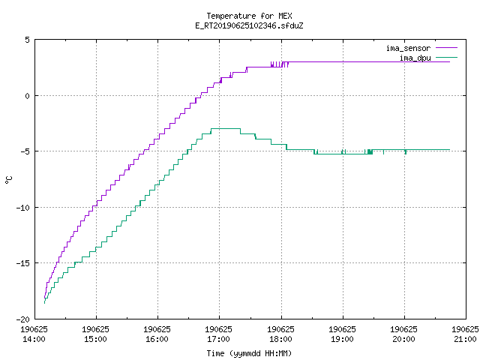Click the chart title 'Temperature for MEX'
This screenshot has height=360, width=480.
click(249, 16)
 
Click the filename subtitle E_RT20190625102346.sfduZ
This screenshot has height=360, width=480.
click(249, 25)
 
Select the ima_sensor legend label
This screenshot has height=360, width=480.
click(408, 48)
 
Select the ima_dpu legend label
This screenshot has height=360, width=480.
click(415, 58)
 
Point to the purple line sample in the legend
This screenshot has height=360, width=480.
click(447, 48)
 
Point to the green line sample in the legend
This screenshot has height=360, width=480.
click(447, 57)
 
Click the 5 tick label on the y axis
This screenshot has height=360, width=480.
click(27, 40)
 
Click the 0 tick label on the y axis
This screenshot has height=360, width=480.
click(27, 96)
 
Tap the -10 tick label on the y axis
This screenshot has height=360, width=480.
click(23, 208)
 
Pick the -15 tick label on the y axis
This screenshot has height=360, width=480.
click(23, 263)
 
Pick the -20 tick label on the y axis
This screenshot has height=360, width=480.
click(23, 319)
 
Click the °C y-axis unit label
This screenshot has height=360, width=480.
click(8, 180)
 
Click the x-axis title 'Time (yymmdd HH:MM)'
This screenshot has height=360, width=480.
click(249, 353)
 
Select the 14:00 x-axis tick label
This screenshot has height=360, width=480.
click(34, 339)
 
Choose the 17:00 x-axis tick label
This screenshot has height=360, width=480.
click(218, 339)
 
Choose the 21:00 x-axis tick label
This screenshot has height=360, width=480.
click(465, 339)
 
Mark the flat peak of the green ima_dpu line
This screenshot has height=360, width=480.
click(226, 128)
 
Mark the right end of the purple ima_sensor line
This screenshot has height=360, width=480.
click(450, 61)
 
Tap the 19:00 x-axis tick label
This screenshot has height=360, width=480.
click(342, 339)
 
